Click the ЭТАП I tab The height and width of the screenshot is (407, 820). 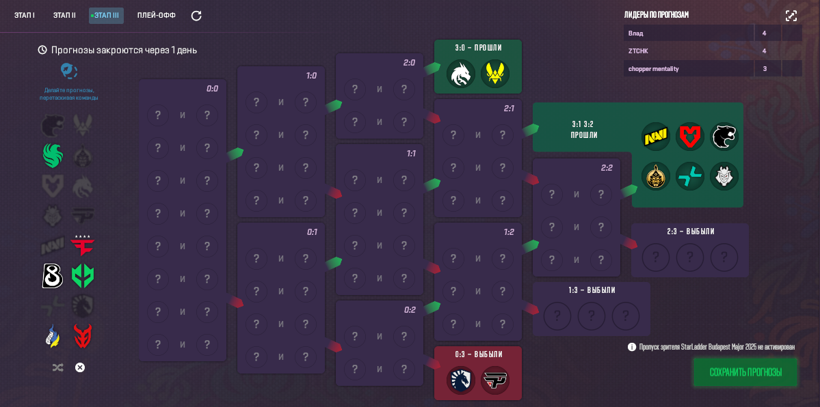click(x=25, y=16)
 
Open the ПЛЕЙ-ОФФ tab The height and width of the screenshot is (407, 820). click(x=157, y=16)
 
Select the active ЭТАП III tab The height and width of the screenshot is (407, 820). click(x=106, y=16)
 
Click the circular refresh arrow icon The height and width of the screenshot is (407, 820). click(x=196, y=16)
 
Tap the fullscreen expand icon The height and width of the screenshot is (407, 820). click(x=791, y=16)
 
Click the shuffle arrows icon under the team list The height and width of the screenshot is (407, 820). click(x=57, y=367)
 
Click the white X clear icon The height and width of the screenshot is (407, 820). click(x=80, y=367)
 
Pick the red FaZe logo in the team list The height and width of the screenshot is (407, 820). click(x=83, y=244)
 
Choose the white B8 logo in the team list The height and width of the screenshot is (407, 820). click(x=53, y=276)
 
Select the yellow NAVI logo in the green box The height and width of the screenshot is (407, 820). click(x=656, y=137)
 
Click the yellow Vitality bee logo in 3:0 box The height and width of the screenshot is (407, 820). click(x=494, y=74)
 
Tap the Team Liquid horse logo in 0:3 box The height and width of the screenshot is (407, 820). click(x=461, y=380)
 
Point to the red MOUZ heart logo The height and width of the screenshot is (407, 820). click(x=689, y=137)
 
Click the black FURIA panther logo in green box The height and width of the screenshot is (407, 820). click(x=724, y=137)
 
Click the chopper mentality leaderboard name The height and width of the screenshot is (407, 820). click(x=653, y=68)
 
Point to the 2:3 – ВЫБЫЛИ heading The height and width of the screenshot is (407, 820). click(x=690, y=231)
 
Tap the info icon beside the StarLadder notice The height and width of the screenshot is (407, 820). click(x=632, y=347)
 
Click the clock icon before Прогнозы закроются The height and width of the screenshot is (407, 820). click(x=42, y=50)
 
